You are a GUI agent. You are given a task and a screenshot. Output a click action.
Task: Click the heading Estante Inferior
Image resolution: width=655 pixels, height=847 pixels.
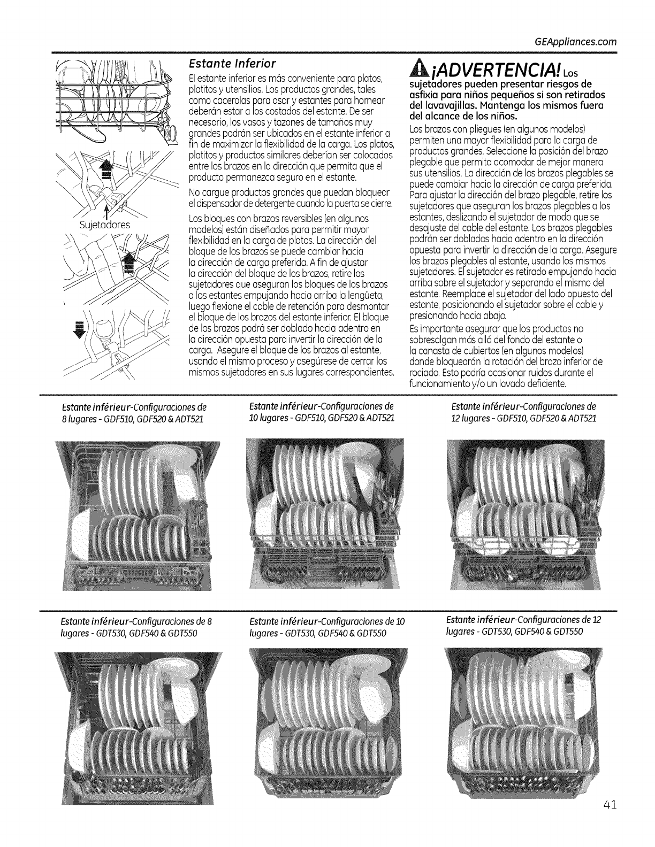click(x=230, y=65)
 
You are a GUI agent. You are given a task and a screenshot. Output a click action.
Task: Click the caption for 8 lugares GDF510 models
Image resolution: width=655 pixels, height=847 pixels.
click(x=133, y=411)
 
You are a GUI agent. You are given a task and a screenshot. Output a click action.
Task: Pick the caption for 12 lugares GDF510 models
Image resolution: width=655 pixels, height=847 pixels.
click(x=524, y=411)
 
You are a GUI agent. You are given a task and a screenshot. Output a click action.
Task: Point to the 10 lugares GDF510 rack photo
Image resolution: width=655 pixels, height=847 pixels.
click(x=330, y=514)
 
